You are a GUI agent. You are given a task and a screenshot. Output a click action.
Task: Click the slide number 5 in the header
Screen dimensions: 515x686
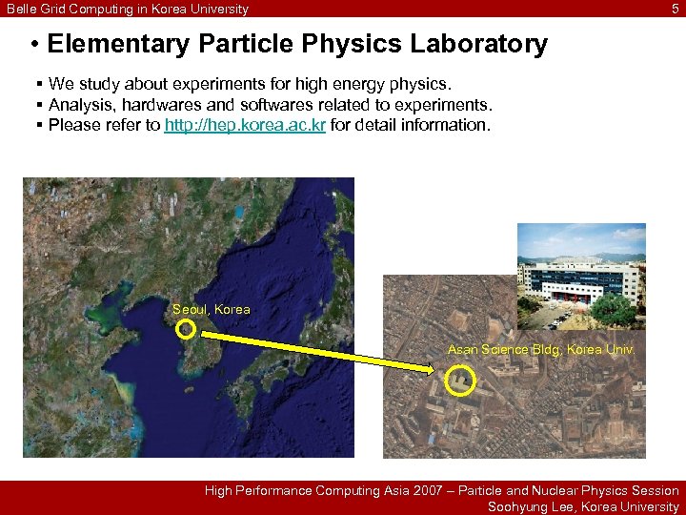(676, 9)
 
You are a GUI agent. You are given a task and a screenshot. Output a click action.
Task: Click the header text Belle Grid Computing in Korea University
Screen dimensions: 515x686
(127, 9)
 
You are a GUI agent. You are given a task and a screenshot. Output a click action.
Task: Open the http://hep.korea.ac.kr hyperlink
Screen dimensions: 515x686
(245, 125)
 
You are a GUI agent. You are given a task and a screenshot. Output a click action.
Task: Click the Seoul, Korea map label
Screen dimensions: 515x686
(211, 309)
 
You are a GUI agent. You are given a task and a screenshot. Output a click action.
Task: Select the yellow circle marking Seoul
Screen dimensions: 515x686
(187, 330)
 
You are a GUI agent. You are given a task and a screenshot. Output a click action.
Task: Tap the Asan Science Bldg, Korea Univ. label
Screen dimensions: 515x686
(540, 350)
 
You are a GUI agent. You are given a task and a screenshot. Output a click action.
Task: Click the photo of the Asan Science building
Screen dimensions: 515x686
(580, 277)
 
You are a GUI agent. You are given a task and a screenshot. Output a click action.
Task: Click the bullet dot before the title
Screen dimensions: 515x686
(33, 45)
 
